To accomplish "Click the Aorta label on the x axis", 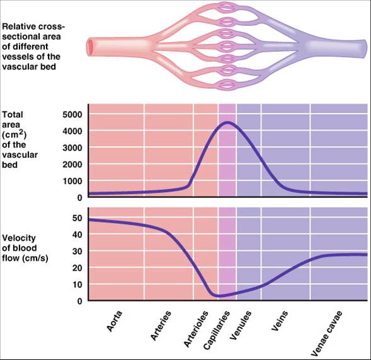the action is tap(114, 321).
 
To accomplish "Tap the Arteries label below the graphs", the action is tap(161, 326).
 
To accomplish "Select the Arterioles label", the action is tap(196, 329).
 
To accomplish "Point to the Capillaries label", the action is tap(217, 330).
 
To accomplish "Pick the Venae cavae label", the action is tap(326, 334).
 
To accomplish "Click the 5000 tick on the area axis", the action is tap(72, 115).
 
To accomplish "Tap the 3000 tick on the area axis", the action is tap(72, 148).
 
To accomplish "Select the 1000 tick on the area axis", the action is tap(72, 181).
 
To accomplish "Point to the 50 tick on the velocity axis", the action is tap(77, 218).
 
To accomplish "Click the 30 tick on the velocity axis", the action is tap(77, 252).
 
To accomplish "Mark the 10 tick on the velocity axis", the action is tap(77, 284).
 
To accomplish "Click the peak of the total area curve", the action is tap(227, 122).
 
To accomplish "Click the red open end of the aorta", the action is tap(90, 47).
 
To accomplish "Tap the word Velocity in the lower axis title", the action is tap(19, 238).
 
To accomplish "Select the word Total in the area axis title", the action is tap(13, 115).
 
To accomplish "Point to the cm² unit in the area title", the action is tap(14, 135).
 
